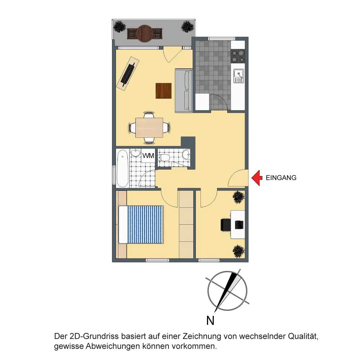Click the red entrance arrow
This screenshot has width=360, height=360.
257,178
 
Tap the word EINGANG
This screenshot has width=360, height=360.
281,178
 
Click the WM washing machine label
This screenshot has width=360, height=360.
148,156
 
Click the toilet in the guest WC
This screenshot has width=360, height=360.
164,158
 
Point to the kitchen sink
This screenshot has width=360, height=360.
239,76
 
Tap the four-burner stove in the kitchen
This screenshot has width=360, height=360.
238,56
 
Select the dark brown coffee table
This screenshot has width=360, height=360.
163,91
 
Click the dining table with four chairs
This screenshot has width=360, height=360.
149,128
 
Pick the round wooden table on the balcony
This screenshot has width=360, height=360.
144,33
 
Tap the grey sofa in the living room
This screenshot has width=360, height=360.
184,90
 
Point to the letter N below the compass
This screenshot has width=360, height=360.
210,320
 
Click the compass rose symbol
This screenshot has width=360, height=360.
227,291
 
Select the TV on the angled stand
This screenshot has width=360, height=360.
128,73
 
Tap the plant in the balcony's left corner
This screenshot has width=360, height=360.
120,26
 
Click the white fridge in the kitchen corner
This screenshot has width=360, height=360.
202,102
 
